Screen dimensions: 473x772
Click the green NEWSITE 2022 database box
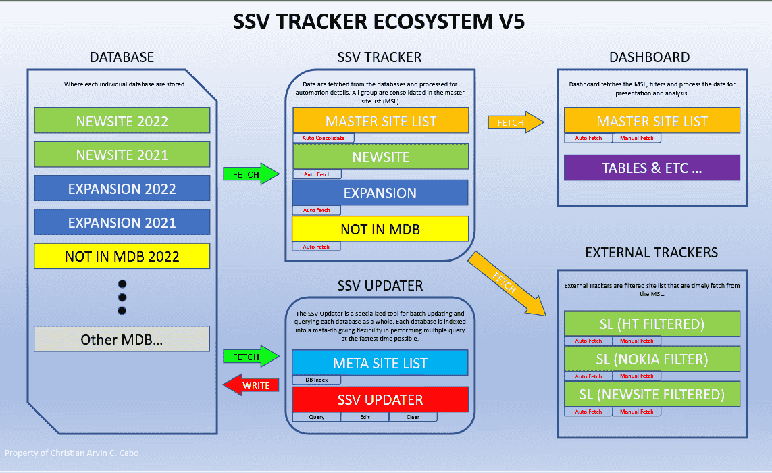click(122, 121)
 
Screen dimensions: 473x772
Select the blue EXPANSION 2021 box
click(122, 222)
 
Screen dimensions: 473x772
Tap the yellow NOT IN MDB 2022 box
click(122, 256)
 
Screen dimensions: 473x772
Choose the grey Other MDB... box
click(122, 339)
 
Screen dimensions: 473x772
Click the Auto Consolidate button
click(324, 138)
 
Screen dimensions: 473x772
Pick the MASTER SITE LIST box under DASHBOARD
click(652, 121)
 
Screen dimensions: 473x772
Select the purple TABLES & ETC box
click(652, 168)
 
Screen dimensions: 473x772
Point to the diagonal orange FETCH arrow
click(507, 282)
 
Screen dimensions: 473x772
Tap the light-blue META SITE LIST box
click(380, 363)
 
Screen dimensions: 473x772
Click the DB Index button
click(317, 380)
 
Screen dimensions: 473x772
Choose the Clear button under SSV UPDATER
click(413, 417)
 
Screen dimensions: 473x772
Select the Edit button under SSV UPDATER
click(365, 417)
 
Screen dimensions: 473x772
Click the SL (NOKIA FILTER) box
click(652, 358)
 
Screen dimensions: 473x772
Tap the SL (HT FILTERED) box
click(652, 324)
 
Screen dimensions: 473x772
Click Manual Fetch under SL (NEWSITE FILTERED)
click(636, 412)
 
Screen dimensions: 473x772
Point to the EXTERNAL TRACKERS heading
click(651, 253)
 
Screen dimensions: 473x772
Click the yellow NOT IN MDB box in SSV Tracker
click(380, 229)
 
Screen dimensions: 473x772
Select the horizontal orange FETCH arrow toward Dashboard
click(515, 122)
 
